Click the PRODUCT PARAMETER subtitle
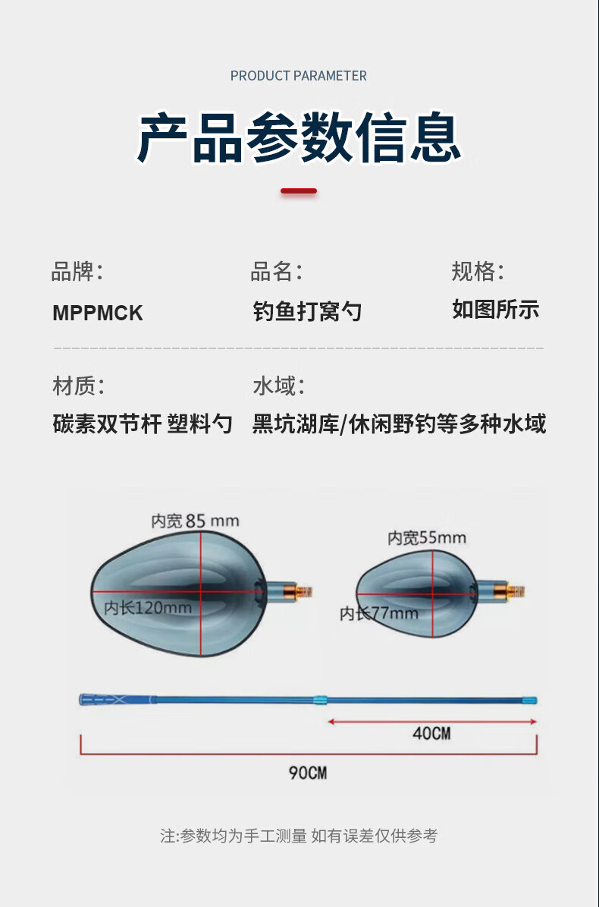[299, 76]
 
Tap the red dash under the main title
[299, 191]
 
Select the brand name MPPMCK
[98, 313]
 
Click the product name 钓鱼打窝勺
[307, 311]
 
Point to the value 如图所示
[496, 310]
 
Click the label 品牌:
[77, 271]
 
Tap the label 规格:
[478, 271]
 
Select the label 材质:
[79, 386]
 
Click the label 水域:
[278, 386]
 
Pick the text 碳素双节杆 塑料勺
[143, 424]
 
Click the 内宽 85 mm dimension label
[195, 521]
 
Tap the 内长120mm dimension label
[148, 608]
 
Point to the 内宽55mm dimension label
[427, 538]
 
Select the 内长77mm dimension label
[379, 613]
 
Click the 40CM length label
[431, 733]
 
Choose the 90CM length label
[308, 773]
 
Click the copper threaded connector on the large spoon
[304, 591]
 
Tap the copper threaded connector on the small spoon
[516, 591]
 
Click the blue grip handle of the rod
[118, 700]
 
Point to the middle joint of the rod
[321, 700]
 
